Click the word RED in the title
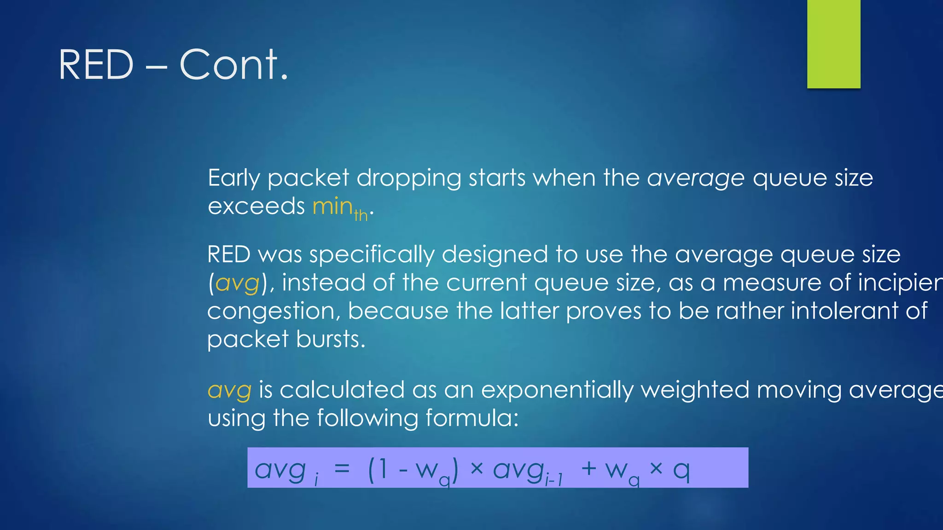point(96,65)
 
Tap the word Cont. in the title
point(233,65)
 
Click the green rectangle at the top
point(833,44)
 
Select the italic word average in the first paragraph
point(695,179)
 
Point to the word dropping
point(408,179)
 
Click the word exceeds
point(256,207)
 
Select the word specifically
point(372,255)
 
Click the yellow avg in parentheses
point(237,283)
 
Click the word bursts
point(331,340)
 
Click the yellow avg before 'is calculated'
point(229,390)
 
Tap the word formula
point(471,418)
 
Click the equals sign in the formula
point(342,469)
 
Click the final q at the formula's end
point(681,470)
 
